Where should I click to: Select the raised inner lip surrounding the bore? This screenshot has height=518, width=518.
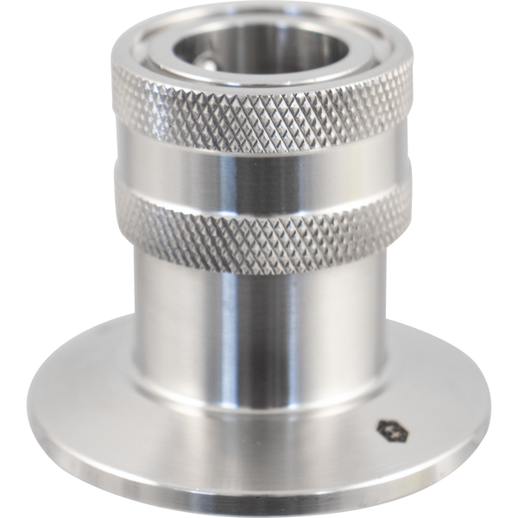click(259, 79)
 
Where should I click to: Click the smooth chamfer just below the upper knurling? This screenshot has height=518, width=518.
click(259, 154)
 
